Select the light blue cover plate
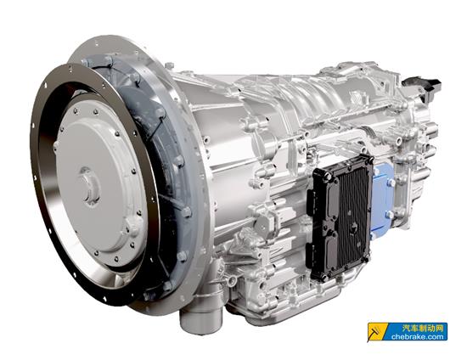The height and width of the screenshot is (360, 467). click(383, 200)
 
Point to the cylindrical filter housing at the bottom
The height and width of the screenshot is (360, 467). click(200, 319)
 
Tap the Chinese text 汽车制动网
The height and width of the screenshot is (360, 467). click(422, 328)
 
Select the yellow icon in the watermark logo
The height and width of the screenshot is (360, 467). click(376, 332)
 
